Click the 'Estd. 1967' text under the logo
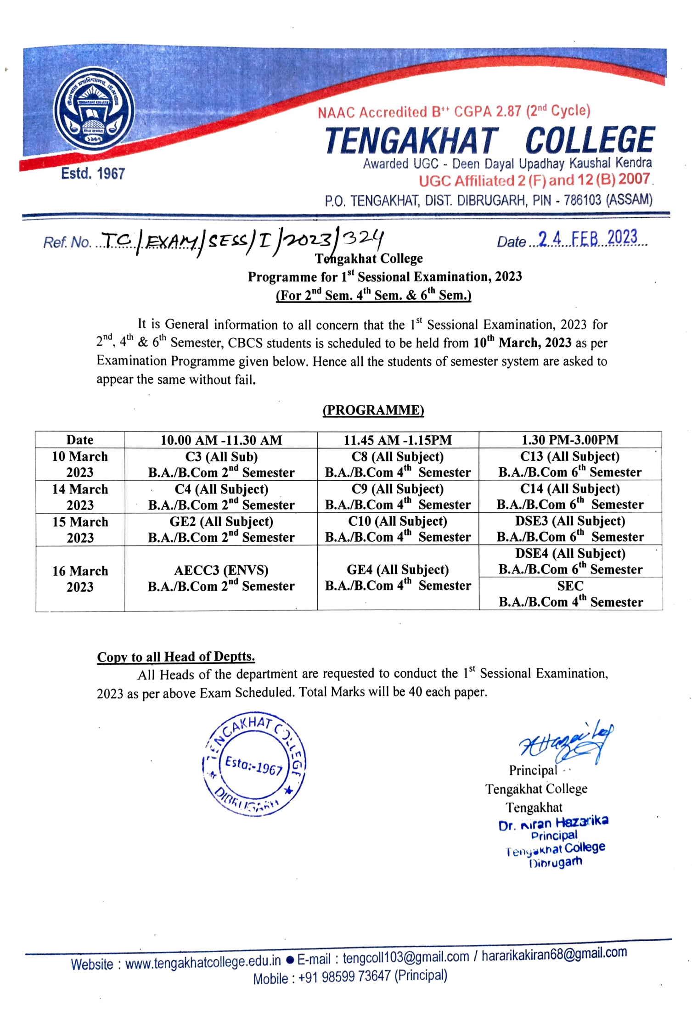tap(93, 174)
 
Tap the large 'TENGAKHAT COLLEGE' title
tap(489, 140)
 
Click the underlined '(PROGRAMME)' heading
tap(373, 410)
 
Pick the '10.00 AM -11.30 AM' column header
tap(221, 440)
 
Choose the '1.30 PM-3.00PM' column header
tap(570, 440)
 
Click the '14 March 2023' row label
tap(80, 497)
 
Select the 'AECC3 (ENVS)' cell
tap(221, 578)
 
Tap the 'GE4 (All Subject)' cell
tap(398, 578)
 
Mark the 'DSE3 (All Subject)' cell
tap(570, 529)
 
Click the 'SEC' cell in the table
tap(570, 594)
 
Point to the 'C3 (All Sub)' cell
tap(221, 464)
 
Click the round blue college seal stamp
tap(254, 765)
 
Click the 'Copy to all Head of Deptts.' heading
tap(176, 656)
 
